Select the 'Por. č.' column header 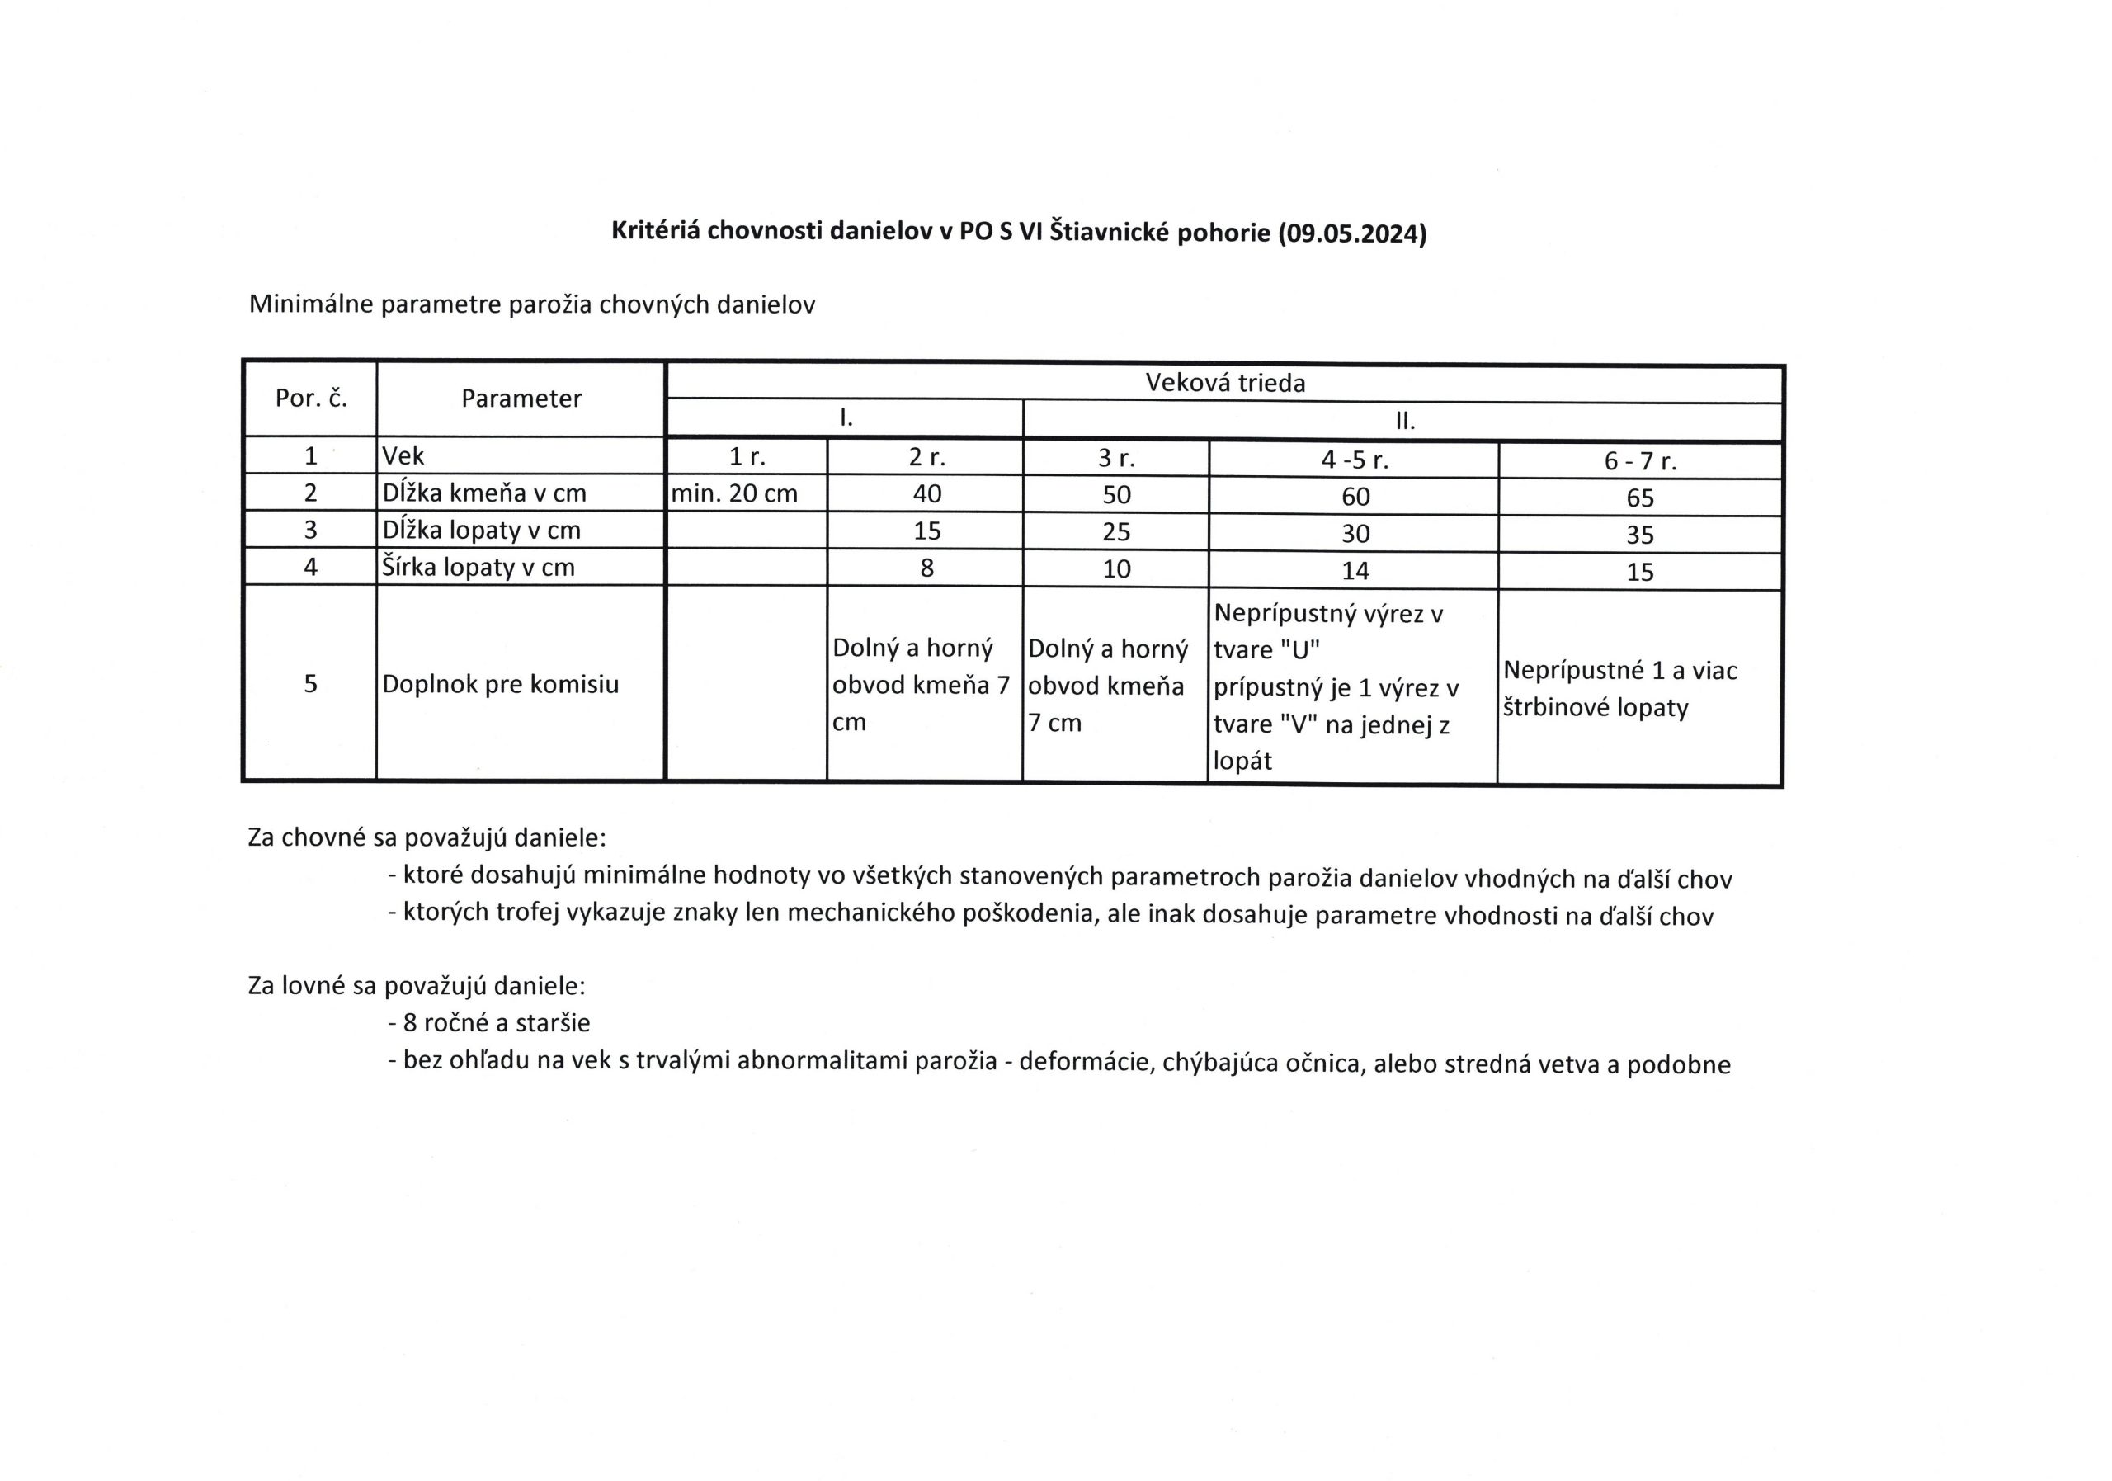pos(311,399)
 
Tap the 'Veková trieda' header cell pos(1224,383)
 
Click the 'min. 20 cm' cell pos(734,494)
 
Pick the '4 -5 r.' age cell pos(1354,460)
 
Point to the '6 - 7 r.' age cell pos(1639,462)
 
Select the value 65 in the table pos(1639,498)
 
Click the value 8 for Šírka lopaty pos(926,568)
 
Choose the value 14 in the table pos(1355,571)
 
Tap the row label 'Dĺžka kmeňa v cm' pos(483,493)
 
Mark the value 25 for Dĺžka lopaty pos(1115,531)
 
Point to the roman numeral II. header pos(1403,422)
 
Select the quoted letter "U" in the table pos(1299,650)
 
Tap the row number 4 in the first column pos(310,567)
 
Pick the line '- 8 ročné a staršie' pos(489,1023)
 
